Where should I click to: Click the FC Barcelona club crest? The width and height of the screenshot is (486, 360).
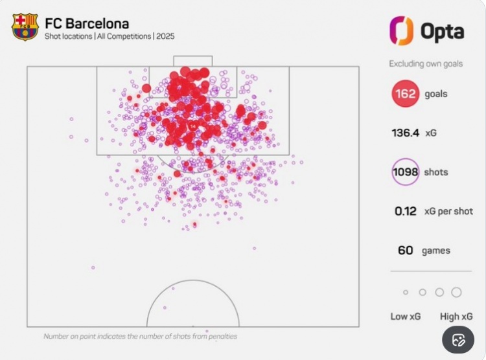click(25, 27)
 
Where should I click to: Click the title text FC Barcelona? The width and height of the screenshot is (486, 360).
click(87, 24)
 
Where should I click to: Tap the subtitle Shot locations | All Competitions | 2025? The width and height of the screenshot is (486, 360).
click(110, 37)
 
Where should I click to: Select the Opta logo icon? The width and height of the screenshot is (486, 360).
click(401, 30)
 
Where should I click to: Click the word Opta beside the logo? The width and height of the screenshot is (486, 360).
click(443, 31)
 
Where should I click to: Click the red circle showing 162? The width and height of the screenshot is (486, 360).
click(405, 94)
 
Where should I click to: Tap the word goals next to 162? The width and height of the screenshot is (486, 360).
click(436, 95)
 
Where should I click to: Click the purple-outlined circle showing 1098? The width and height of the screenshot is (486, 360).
click(405, 172)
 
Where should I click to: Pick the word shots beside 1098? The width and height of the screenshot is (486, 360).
click(436, 172)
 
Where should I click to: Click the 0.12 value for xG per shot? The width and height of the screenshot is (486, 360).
click(406, 211)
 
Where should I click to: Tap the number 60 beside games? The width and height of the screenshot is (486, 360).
click(406, 251)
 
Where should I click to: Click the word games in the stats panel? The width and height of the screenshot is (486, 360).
click(437, 251)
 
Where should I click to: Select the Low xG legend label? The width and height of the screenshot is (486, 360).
click(408, 317)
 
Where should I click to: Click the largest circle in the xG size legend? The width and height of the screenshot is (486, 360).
click(456, 292)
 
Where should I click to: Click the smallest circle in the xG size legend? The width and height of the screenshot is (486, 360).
click(406, 293)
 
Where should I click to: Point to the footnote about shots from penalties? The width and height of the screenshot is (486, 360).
click(140, 337)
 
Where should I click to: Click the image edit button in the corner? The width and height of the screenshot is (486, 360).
click(459, 341)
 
